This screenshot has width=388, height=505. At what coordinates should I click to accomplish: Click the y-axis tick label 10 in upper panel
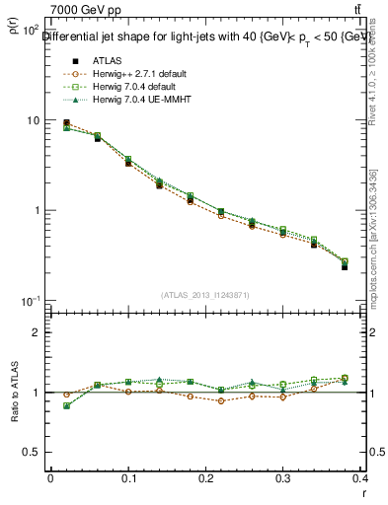(32, 120)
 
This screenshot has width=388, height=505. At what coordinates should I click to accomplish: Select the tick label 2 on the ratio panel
(38, 333)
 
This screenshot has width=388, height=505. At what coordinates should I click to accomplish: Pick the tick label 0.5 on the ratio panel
(33, 453)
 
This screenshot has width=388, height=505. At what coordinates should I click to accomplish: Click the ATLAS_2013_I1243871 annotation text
(205, 295)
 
